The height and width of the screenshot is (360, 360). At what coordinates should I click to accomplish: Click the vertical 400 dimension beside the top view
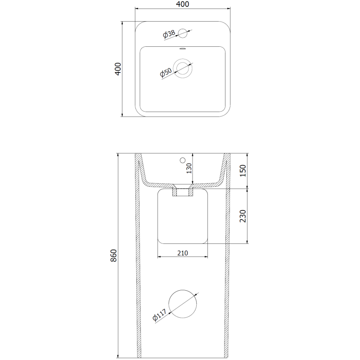[x=118, y=68]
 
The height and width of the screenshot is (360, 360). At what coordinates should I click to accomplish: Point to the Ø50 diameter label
[x=166, y=72]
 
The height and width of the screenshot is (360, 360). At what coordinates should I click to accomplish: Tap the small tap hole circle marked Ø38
[x=182, y=32]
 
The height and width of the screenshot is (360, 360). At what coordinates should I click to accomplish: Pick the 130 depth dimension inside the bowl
[x=189, y=168]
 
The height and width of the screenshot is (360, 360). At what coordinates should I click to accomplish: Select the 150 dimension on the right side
[x=243, y=171]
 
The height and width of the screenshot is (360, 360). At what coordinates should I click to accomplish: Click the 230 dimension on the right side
[x=243, y=216]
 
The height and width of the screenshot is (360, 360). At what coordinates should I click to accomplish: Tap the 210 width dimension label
[x=182, y=253]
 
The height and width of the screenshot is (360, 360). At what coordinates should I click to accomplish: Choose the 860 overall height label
[x=114, y=256]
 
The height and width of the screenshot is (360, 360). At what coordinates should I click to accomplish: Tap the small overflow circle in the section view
[x=182, y=160]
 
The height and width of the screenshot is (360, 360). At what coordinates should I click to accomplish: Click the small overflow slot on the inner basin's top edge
[x=182, y=48]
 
